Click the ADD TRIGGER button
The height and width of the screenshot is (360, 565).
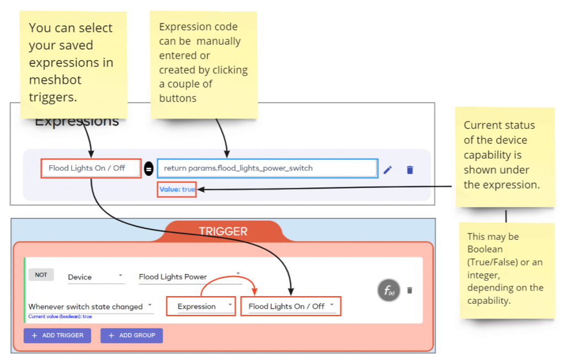57,336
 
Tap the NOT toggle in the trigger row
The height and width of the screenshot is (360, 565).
41,275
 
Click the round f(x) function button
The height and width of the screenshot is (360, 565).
389,290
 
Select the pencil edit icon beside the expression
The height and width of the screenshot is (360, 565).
388,170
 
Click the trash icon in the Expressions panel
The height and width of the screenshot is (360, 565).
410,170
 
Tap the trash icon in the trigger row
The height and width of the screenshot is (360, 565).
410,290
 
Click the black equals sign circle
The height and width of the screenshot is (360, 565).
148,169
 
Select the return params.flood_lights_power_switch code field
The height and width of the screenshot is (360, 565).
268,168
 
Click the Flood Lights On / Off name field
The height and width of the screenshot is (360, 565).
91,168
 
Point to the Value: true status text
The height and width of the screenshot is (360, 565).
177,189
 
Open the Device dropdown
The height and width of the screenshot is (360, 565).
96,277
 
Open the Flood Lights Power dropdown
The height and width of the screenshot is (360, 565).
190,277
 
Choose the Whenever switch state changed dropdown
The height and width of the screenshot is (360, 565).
91,307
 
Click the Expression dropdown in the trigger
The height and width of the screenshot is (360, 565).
201,307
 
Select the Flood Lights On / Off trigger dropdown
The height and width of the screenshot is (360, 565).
290,307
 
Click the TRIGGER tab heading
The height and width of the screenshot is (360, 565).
223,231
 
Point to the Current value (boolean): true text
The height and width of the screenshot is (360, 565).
60,316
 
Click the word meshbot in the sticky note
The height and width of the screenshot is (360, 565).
55,79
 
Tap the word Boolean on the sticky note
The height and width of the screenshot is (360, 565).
484,249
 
